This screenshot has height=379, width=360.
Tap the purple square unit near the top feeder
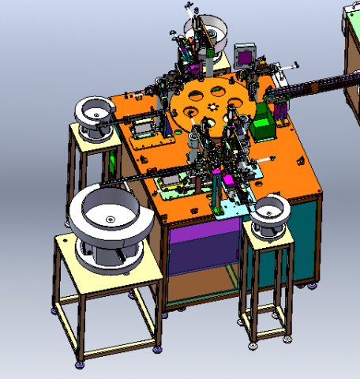245,56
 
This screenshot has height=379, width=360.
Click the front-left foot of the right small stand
252,343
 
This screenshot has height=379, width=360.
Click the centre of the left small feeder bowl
96,114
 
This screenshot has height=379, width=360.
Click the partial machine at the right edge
352,55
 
